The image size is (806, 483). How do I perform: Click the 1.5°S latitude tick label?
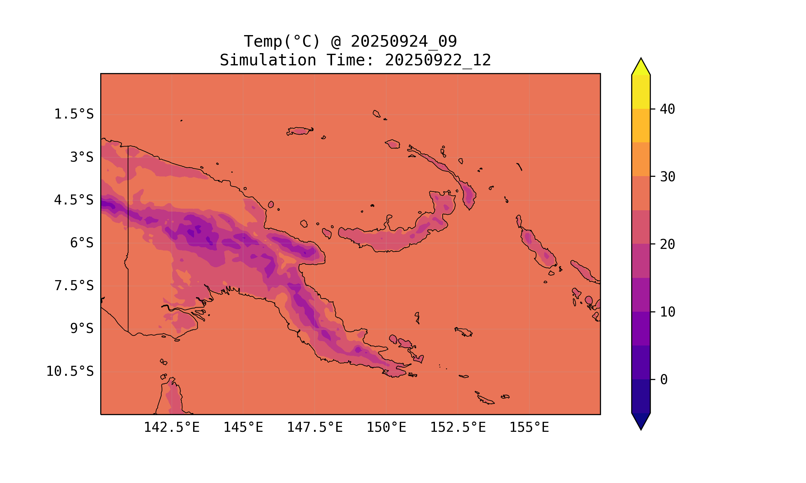tap(74, 114)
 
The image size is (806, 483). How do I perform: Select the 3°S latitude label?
tap(82, 157)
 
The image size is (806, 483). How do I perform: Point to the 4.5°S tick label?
tap(74, 200)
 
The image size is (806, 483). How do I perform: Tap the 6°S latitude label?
tap(82, 243)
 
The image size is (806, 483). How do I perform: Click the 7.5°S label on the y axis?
tap(74, 286)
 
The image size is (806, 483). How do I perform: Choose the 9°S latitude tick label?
tap(82, 328)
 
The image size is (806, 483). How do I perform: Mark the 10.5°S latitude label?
tap(70, 371)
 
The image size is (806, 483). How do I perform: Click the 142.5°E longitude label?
tap(172, 427)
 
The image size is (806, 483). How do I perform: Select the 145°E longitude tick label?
tap(243, 427)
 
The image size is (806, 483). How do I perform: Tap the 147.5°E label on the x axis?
tap(315, 427)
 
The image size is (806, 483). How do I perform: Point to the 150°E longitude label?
tap(386, 427)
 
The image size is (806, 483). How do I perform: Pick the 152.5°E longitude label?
tap(458, 427)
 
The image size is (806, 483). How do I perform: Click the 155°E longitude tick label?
tap(529, 427)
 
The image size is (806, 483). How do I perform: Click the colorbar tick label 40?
tap(668, 109)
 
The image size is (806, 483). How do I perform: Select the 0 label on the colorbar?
tap(663, 380)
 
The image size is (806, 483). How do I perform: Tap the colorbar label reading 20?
tap(668, 244)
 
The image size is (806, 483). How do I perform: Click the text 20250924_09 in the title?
tap(404, 42)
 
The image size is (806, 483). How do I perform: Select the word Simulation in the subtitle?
tap(268, 60)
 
